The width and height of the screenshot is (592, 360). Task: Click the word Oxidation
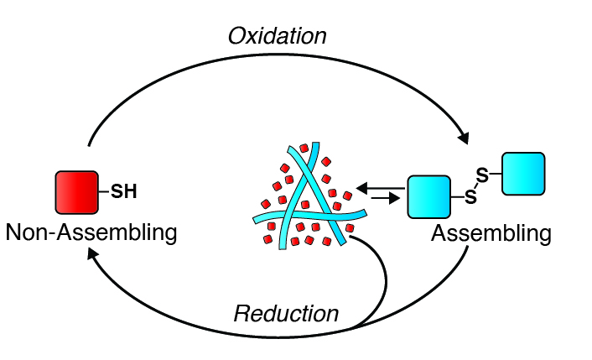277,36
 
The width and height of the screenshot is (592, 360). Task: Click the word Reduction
286,314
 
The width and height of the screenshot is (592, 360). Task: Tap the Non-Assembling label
91,232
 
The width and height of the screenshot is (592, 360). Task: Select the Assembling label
491,232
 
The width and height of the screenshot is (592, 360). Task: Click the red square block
77,192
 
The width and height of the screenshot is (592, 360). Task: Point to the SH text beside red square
124,193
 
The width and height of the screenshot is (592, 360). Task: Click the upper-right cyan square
523,174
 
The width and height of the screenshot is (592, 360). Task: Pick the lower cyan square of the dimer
428,197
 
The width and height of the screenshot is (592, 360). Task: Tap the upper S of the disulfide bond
481,175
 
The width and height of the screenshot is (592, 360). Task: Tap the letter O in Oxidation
236,36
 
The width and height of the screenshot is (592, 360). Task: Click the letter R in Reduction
241,314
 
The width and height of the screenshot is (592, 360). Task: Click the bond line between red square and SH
104,192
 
